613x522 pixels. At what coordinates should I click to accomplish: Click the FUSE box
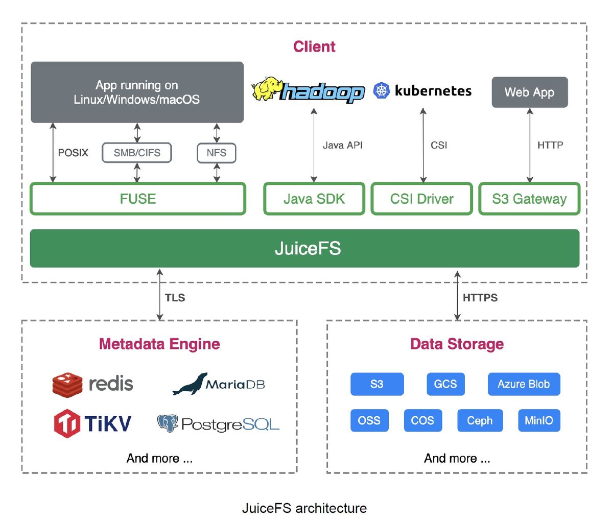[x=138, y=199]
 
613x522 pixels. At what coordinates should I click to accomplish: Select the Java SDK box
[x=314, y=199]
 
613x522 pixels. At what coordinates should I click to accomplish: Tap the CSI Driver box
[x=422, y=199]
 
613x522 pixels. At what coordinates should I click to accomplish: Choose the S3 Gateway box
[x=530, y=199]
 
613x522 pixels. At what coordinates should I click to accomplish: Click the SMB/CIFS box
[x=137, y=153]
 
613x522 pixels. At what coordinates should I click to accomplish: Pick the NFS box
[x=217, y=153]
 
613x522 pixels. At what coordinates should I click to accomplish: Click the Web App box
[x=530, y=92]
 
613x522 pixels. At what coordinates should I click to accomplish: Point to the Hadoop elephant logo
[x=266, y=88]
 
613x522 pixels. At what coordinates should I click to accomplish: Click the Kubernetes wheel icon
[x=382, y=90]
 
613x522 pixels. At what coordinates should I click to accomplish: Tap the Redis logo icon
[x=67, y=385]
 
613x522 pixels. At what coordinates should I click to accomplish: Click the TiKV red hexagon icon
[x=67, y=423]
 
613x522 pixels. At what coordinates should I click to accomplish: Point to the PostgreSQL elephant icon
[x=168, y=423]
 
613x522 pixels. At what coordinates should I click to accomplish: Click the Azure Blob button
[x=524, y=384]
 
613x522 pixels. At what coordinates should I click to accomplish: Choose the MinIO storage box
[x=539, y=420]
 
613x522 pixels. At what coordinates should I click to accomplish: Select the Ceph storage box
[x=480, y=420]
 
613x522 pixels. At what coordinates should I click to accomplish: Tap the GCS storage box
[x=446, y=384]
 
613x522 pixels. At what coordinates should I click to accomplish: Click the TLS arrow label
[x=175, y=298]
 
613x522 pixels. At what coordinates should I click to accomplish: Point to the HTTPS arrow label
[x=480, y=298]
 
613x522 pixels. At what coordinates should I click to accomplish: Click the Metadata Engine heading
[x=159, y=344]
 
